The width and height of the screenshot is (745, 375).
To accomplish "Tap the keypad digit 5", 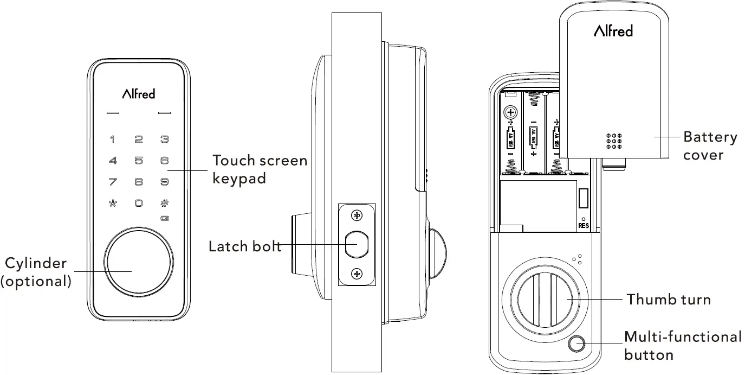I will point(139,161).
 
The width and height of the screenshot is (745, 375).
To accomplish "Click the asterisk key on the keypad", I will point(113,203).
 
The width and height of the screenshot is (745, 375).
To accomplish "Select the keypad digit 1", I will point(113,139).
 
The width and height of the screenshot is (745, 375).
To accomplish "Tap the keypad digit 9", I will point(165,182).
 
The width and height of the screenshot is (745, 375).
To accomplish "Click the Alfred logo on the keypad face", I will point(139,93).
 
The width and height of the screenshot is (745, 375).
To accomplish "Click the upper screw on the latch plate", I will point(357,215).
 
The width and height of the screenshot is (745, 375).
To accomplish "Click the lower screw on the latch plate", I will point(357,274).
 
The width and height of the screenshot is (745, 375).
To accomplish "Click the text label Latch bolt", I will point(245,246).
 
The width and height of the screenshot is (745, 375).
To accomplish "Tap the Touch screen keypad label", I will point(259,169).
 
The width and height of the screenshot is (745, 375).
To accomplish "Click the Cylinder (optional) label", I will point(36,272).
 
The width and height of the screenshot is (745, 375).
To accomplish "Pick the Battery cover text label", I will point(710,145).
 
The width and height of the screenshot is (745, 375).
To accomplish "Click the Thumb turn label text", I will point(668,299).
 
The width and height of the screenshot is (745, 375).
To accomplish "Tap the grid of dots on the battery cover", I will point(613,141).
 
